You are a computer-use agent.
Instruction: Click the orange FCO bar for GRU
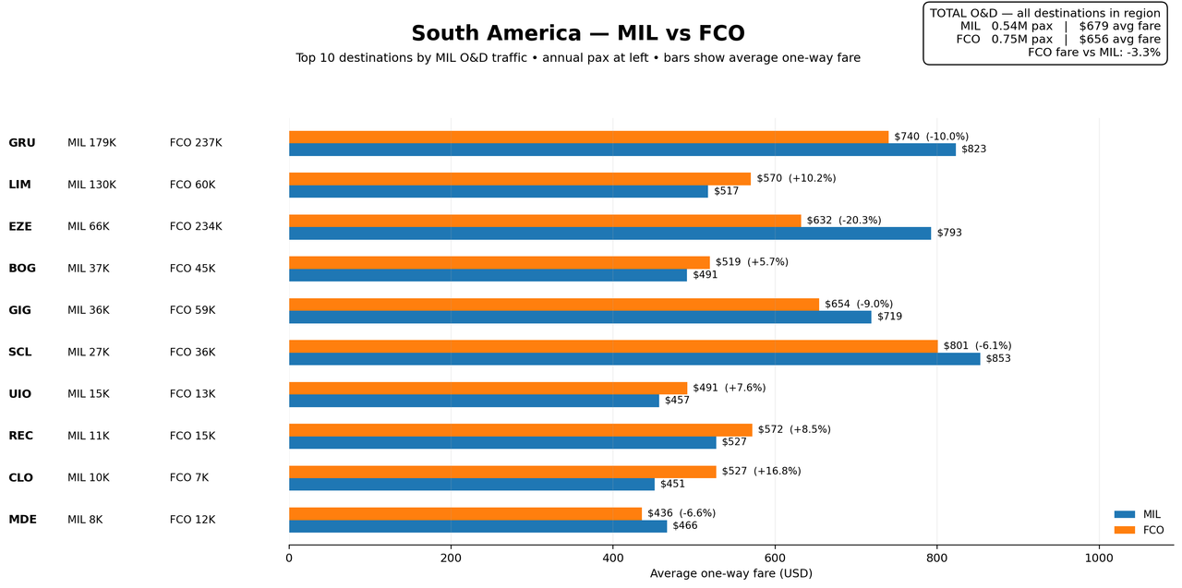pyautogui.click(x=588, y=138)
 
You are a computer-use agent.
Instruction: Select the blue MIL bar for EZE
pyautogui.click(x=610, y=234)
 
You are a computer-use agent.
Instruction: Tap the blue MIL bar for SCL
pyautogui.click(x=634, y=358)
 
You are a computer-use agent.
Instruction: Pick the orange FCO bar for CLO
pyautogui.click(x=502, y=472)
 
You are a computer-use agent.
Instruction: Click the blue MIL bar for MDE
pyautogui.click(x=477, y=526)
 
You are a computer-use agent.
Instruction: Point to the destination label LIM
pyautogui.click(x=19, y=185)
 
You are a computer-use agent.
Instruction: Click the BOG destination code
pyautogui.click(x=22, y=269)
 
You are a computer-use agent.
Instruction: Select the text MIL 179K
pyautogui.click(x=91, y=143)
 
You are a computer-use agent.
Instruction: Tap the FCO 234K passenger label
pyautogui.click(x=196, y=227)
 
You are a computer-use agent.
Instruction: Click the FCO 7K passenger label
pyautogui.click(x=189, y=478)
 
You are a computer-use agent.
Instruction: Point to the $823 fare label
pyautogui.click(x=973, y=150)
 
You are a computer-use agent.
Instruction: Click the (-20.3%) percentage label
pyautogui.click(x=860, y=221)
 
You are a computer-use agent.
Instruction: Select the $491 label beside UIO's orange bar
pyautogui.click(x=706, y=388)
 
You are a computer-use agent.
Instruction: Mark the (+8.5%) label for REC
pyautogui.click(x=810, y=430)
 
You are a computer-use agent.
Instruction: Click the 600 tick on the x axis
pyautogui.click(x=775, y=558)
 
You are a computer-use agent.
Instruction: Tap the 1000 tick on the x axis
pyautogui.click(x=1099, y=558)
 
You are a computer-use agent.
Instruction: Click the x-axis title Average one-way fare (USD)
pyautogui.click(x=730, y=574)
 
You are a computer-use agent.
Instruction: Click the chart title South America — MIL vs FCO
pyautogui.click(x=578, y=33)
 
